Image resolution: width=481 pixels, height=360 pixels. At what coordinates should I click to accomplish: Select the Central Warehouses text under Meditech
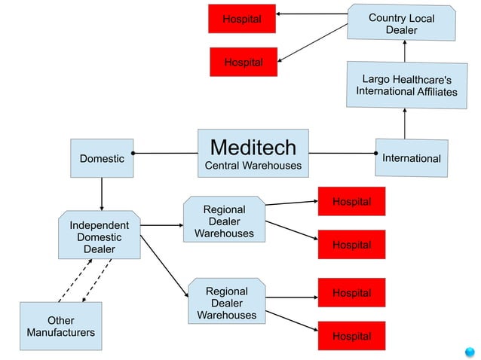point(253,165)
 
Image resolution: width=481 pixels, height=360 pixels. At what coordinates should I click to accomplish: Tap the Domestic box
point(102,158)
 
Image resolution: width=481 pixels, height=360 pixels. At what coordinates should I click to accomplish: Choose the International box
point(412,158)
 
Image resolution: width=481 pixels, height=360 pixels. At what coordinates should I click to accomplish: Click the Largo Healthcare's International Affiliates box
point(406,85)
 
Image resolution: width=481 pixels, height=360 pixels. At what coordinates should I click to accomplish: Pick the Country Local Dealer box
point(401,23)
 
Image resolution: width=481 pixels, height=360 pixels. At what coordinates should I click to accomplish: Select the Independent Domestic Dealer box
point(100,236)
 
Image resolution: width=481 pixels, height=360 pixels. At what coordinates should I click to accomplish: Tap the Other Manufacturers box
point(60,326)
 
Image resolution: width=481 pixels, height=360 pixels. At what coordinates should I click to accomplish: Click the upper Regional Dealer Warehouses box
point(224,221)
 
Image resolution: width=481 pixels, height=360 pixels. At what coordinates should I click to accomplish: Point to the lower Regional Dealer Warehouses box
point(226,303)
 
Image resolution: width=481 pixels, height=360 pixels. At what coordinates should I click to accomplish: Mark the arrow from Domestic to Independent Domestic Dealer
point(102,194)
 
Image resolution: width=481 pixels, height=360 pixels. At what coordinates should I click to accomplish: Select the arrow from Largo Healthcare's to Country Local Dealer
point(405,50)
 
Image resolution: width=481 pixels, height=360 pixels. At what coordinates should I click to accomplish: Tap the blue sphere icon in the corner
point(469,350)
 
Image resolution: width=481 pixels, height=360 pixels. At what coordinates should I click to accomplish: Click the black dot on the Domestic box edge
point(133,154)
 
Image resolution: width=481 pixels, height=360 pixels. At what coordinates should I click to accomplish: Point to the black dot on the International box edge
point(375,154)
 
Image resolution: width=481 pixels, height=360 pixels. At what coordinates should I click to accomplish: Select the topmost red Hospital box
point(242,19)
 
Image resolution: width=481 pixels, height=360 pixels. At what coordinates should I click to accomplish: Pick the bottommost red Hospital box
point(351,336)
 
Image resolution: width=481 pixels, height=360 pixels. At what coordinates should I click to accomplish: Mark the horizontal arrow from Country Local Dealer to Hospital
point(311,14)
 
